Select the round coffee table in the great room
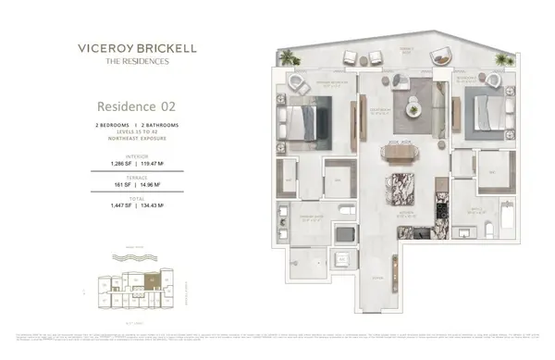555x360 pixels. point(406,101)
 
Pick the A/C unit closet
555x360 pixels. point(343,257)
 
